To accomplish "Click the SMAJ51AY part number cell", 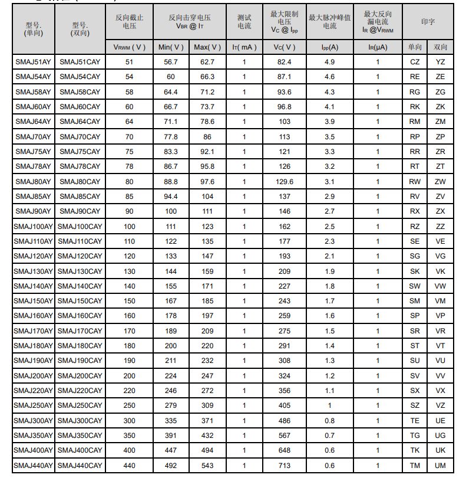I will point(33,62).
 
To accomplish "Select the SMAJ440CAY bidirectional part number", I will point(80,466).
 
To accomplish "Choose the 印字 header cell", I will point(428,22).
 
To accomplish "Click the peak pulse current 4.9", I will point(330,62).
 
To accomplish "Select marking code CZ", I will point(415,62).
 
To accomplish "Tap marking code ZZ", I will point(440,226).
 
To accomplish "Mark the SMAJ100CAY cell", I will point(80,226).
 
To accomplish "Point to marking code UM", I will point(440,466).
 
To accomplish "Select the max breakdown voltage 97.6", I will point(207,181).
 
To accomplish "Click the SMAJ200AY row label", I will point(33,376).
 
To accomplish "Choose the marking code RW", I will point(415,181).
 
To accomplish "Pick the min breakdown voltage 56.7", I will point(171,62).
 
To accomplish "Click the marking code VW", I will point(440,286).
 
